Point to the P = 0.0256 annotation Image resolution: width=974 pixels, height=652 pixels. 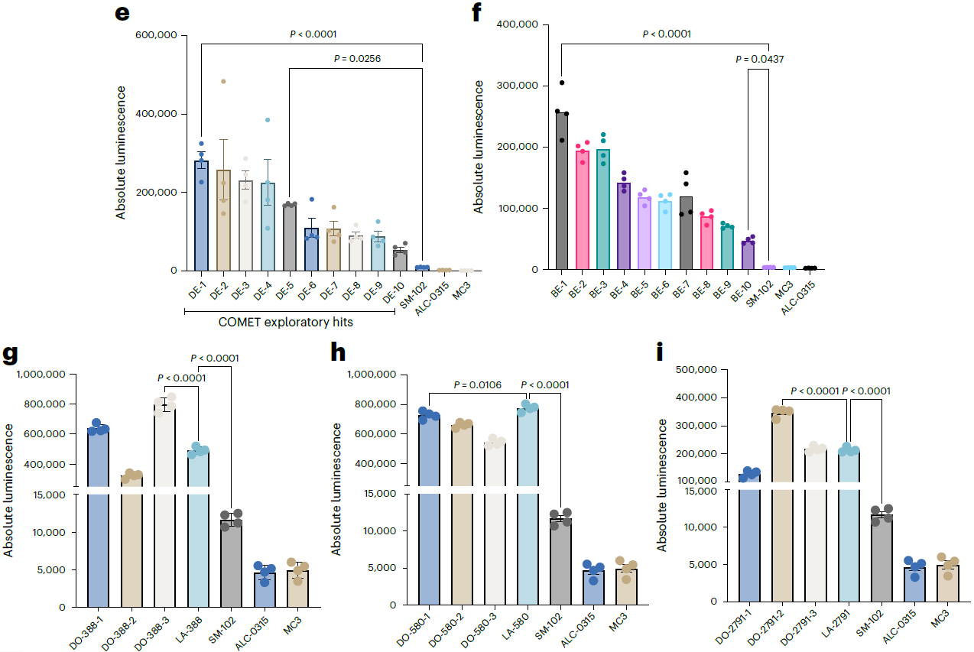click(x=358, y=58)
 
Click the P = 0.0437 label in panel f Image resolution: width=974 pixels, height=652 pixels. click(x=759, y=59)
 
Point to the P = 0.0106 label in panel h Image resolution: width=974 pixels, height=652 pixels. click(x=478, y=384)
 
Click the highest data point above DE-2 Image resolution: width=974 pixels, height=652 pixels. click(x=223, y=81)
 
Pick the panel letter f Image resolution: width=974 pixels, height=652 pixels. click(x=477, y=14)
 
